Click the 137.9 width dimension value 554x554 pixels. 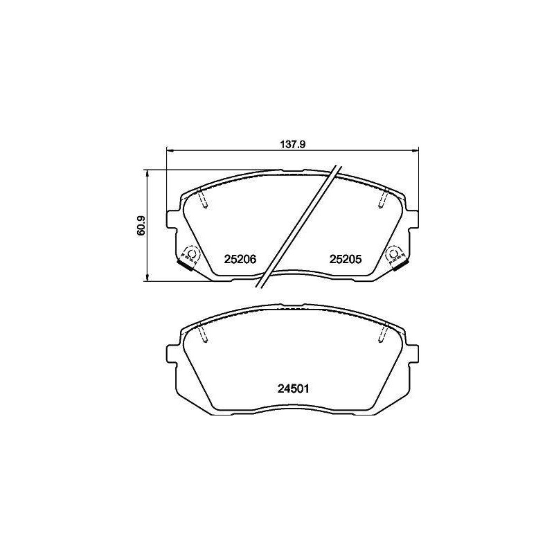pyautogui.click(x=292, y=144)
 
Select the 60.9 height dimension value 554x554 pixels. pyautogui.click(x=141, y=226)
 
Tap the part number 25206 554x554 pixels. pyautogui.click(x=240, y=259)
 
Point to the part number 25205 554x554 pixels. pyautogui.click(x=346, y=259)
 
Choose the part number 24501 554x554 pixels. pyautogui.click(x=293, y=388)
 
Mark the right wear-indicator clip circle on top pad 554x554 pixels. pyautogui.click(x=393, y=253)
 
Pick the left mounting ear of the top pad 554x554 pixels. pyautogui.click(x=171, y=220)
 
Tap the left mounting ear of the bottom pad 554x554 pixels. pyautogui.click(x=171, y=354)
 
